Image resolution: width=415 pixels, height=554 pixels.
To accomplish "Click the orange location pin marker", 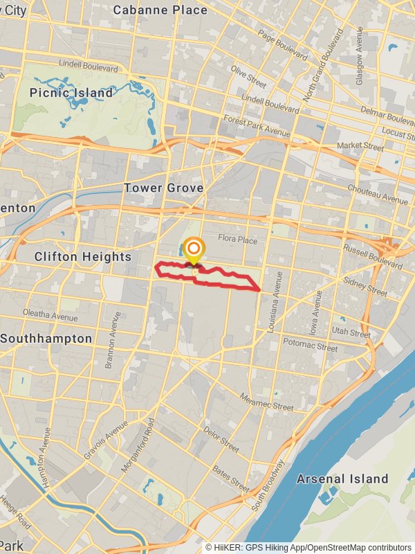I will (x=194, y=251).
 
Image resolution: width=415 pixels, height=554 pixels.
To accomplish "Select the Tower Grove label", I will (x=163, y=188).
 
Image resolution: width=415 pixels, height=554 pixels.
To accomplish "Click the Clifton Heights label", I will (x=83, y=257).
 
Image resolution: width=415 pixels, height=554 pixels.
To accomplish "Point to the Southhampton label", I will (x=46, y=339).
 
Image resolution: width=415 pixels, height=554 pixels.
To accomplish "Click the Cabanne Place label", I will (x=160, y=10).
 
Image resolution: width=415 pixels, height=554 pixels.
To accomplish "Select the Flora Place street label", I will (x=237, y=240).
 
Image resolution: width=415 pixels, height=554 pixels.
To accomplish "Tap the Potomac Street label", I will (x=310, y=344).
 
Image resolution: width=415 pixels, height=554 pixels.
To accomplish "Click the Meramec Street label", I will (x=266, y=401).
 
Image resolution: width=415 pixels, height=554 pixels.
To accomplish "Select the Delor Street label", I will (x=221, y=440).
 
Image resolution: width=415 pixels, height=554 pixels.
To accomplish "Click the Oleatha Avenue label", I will (x=50, y=315).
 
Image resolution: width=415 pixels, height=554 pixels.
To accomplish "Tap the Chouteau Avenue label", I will (x=378, y=194).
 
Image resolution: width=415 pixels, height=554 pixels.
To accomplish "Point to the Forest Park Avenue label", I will (x=257, y=127).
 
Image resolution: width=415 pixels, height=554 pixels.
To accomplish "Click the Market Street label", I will (x=360, y=147).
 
